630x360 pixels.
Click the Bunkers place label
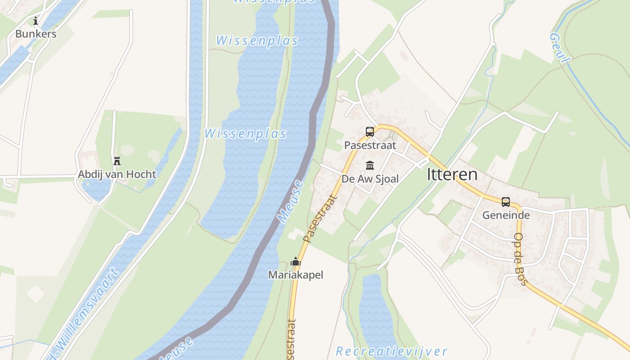click(36, 34)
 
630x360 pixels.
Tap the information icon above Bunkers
click(36, 21)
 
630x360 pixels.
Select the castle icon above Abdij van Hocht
click(117, 161)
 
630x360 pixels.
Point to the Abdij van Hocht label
click(117, 174)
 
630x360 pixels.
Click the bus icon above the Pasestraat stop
click(370, 132)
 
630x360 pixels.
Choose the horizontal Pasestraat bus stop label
click(370, 145)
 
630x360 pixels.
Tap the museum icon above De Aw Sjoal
click(370, 166)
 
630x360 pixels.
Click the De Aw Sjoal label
click(370, 179)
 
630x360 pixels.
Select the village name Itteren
click(452, 175)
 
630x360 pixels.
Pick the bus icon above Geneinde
click(506, 202)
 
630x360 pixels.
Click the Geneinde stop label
click(506, 215)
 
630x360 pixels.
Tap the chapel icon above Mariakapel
click(296, 261)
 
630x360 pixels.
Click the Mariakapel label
click(296, 274)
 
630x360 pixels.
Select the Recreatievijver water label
click(391, 351)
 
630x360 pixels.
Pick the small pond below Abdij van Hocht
click(97, 189)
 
